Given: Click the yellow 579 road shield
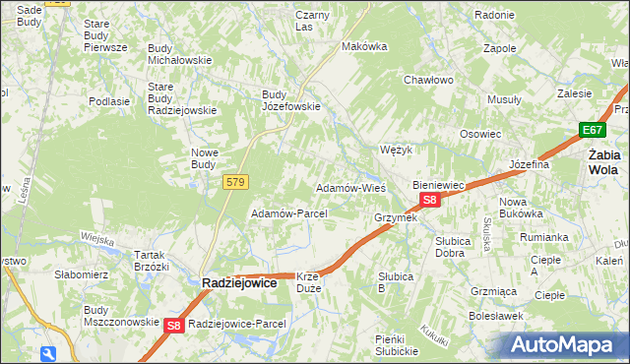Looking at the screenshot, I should click(235, 182).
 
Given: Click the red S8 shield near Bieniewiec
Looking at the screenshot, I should click(429, 200).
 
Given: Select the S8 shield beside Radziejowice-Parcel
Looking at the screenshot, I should click(173, 325).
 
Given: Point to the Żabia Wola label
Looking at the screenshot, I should click(602, 161).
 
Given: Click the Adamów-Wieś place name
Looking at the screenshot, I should click(349, 187).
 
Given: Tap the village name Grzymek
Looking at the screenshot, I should click(396, 217).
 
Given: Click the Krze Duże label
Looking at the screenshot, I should click(308, 282).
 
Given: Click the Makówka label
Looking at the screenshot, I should click(361, 46).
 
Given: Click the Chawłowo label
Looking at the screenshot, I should click(428, 80).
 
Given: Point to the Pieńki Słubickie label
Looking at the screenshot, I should click(397, 344).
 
